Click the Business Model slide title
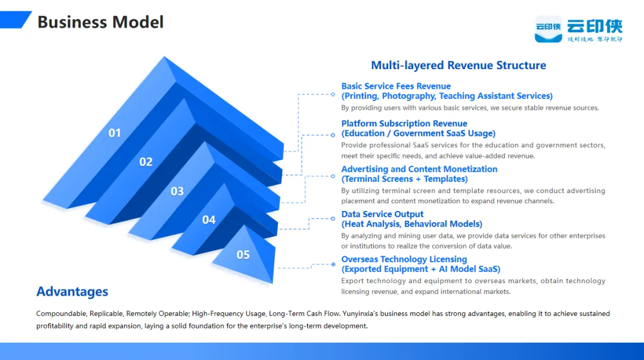pyautogui.click(x=100, y=23)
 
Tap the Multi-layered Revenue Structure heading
pyautogui.click(x=458, y=66)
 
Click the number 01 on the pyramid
pyautogui.click(x=114, y=133)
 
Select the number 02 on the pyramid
pyautogui.click(x=146, y=162)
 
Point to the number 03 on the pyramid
pyautogui.click(x=177, y=191)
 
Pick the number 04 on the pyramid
pyautogui.click(x=209, y=220)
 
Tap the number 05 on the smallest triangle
pyautogui.click(x=243, y=255)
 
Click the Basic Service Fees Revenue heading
pyautogui.click(x=396, y=86)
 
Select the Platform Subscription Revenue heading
pyautogui.click(x=404, y=123)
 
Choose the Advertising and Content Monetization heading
pyautogui.click(x=419, y=169)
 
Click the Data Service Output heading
pyautogui.click(x=382, y=214)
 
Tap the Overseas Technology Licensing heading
pyautogui.click(x=404, y=259)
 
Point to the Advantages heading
pyautogui.click(x=72, y=291)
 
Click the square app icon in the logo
pyautogui.click(x=548, y=29)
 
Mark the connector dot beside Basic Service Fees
pyautogui.click(x=333, y=94)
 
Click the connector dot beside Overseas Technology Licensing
pyautogui.click(x=333, y=264)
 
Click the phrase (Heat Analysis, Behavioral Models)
pyautogui.click(x=411, y=224)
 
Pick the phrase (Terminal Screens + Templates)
pyautogui.click(x=404, y=179)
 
